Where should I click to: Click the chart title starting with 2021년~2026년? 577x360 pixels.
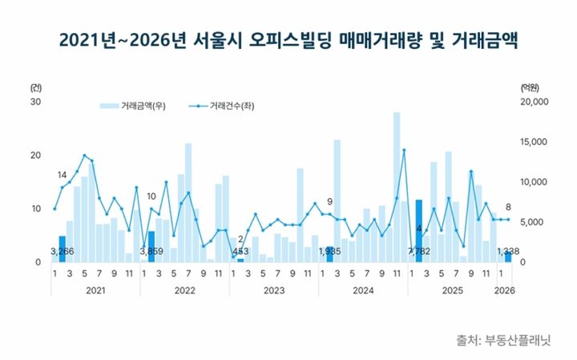(288, 39)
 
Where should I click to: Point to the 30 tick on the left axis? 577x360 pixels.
(36, 102)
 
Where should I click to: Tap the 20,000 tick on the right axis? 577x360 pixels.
(534, 102)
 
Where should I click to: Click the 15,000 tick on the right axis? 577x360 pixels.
(534, 142)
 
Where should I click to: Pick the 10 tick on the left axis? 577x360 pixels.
(36, 208)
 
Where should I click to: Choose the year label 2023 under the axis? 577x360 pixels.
(273, 290)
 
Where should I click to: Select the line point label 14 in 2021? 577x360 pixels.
(62, 175)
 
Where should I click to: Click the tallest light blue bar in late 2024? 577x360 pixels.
(397, 184)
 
